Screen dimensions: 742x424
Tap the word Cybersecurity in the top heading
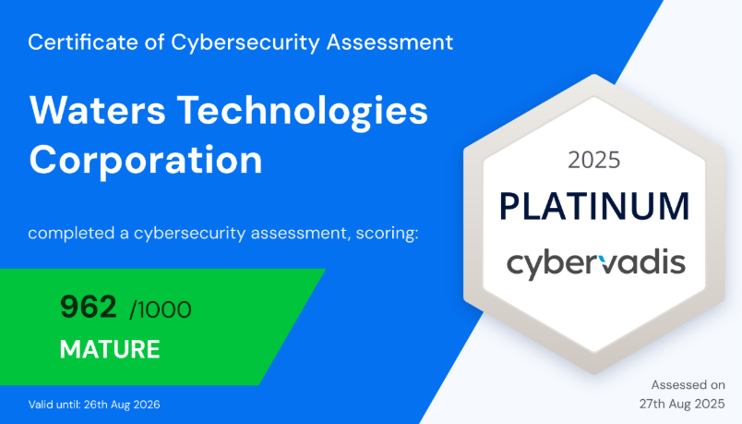coord(245,43)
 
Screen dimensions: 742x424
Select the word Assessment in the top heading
coord(390,42)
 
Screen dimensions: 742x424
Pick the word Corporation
coord(146,161)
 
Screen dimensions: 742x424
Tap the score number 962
coord(89,307)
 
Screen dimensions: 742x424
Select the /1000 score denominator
coord(161,309)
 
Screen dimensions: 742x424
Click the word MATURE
coord(110,349)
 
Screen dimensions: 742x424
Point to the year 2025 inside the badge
coord(594,160)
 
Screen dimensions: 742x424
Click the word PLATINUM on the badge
coord(594,207)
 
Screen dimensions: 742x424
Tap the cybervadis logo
coord(596,264)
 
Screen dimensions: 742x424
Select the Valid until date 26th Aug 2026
coord(122,405)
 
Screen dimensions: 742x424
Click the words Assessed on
coord(688,384)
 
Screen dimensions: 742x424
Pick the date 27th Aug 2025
coord(682,404)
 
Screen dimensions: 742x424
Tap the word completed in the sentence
coord(71,234)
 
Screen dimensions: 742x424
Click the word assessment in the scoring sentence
coord(300,234)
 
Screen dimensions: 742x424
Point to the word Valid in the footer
coord(39,405)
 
